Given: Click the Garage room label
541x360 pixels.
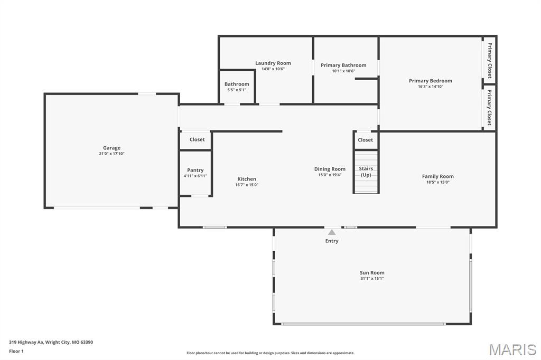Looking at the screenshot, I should click(x=111, y=148).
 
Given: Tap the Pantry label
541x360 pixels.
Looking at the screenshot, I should click(x=195, y=170).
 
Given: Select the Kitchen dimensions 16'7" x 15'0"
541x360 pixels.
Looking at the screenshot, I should click(x=247, y=185).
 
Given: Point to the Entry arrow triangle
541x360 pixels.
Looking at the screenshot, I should click(x=331, y=232).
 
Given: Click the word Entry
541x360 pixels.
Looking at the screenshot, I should click(x=332, y=241).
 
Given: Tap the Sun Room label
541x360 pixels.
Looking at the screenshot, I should click(x=372, y=273).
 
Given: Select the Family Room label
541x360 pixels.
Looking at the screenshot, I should click(x=437, y=176).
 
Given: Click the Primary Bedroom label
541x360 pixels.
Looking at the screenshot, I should click(x=430, y=81).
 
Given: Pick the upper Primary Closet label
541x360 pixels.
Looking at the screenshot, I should click(x=489, y=60).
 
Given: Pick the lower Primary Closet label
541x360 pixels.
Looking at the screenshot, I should click(x=489, y=107).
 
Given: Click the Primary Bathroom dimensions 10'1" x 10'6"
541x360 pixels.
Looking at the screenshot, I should click(x=343, y=71).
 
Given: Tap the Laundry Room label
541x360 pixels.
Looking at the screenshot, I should click(x=273, y=63).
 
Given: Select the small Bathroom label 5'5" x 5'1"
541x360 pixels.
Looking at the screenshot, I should click(x=236, y=90).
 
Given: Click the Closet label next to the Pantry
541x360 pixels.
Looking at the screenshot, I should click(x=197, y=140).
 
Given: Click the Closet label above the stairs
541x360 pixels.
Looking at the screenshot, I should click(x=365, y=140).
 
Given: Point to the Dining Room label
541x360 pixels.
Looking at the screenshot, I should click(x=330, y=169).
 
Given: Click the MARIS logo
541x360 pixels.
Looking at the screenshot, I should click(x=512, y=349).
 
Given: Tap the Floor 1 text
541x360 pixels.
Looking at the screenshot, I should click(x=16, y=351).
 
